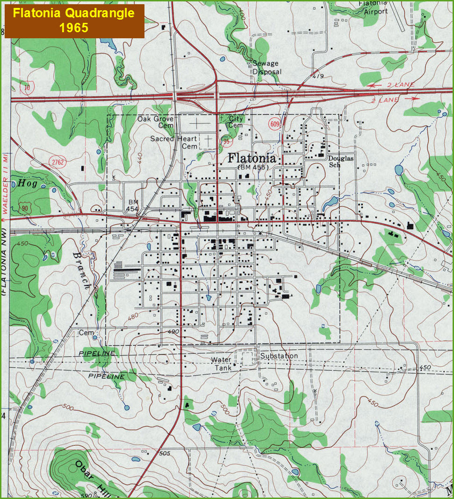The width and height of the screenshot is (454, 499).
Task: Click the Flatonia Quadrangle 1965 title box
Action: (74, 20)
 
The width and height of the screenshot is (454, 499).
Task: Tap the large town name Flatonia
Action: (252, 158)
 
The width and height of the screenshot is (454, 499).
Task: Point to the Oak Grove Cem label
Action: (156, 122)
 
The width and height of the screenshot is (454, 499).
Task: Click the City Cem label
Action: (236, 122)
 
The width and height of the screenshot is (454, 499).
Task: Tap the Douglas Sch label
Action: (341, 162)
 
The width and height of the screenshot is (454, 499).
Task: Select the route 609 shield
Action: (274, 124)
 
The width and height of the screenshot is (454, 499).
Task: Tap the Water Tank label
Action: (221, 364)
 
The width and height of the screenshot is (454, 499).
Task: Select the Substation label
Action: (279, 356)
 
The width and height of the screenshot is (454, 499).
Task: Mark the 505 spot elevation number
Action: (164, 453)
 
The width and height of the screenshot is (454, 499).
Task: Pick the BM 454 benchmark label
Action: (132, 205)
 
